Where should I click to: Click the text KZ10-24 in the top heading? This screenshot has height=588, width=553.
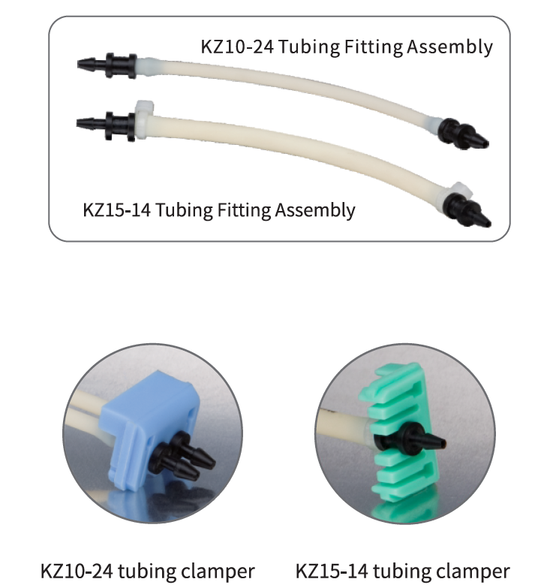tap(237, 47)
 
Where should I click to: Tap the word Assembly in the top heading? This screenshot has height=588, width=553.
tap(449, 48)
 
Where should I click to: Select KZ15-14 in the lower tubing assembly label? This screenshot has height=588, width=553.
tap(117, 210)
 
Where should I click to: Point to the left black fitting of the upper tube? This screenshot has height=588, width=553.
tap(107, 65)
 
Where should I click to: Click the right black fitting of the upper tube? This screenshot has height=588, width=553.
tap(463, 134)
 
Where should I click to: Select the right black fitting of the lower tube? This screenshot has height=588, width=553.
tap(467, 211)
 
